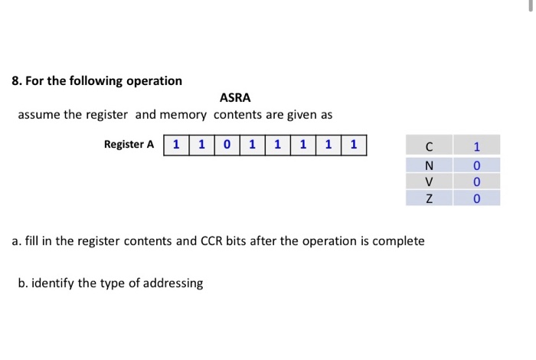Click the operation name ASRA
(235, 98)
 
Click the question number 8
(16, 80)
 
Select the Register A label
(129, 144)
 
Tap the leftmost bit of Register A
(177, 144)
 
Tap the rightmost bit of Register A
(354, 144)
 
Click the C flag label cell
(429, 146)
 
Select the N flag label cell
(429, 165)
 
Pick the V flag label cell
(429, 182)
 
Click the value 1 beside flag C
(476, 146)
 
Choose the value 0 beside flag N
(476, 165)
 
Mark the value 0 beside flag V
(476, 182)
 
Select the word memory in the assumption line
(182, 115)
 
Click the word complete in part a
(398, 241)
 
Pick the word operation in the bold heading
(152, 80)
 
